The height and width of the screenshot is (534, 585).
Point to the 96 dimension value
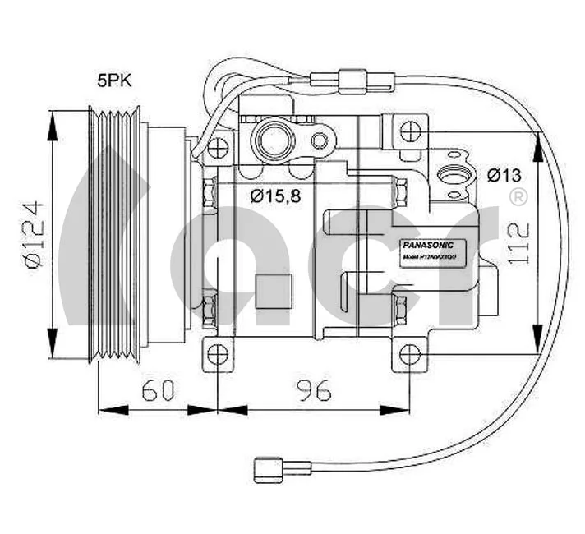[313, 391]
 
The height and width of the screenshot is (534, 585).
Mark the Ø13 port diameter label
[504, 175]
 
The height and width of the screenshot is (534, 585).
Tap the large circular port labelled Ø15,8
[273, 140]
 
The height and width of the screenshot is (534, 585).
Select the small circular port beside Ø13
[452, 175]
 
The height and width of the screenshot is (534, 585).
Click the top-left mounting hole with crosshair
[217, 149]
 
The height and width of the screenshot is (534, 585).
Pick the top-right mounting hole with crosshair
[410, 131]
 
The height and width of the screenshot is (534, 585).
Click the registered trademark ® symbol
[518, 197]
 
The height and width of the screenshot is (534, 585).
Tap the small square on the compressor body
[273, 292]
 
